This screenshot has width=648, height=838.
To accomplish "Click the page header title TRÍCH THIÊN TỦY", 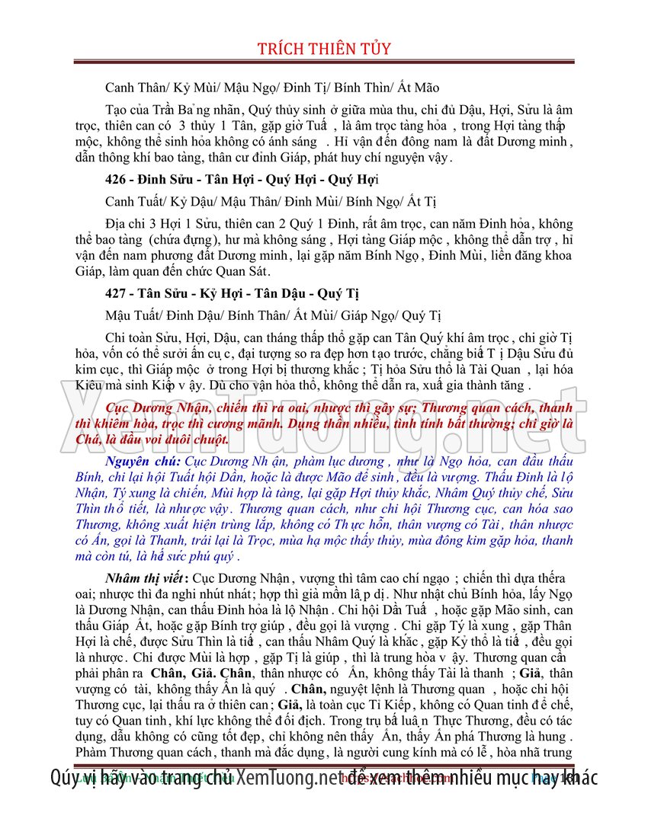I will click(x=324, y=49).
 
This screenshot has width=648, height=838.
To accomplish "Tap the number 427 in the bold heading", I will click(x=117, y=294).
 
